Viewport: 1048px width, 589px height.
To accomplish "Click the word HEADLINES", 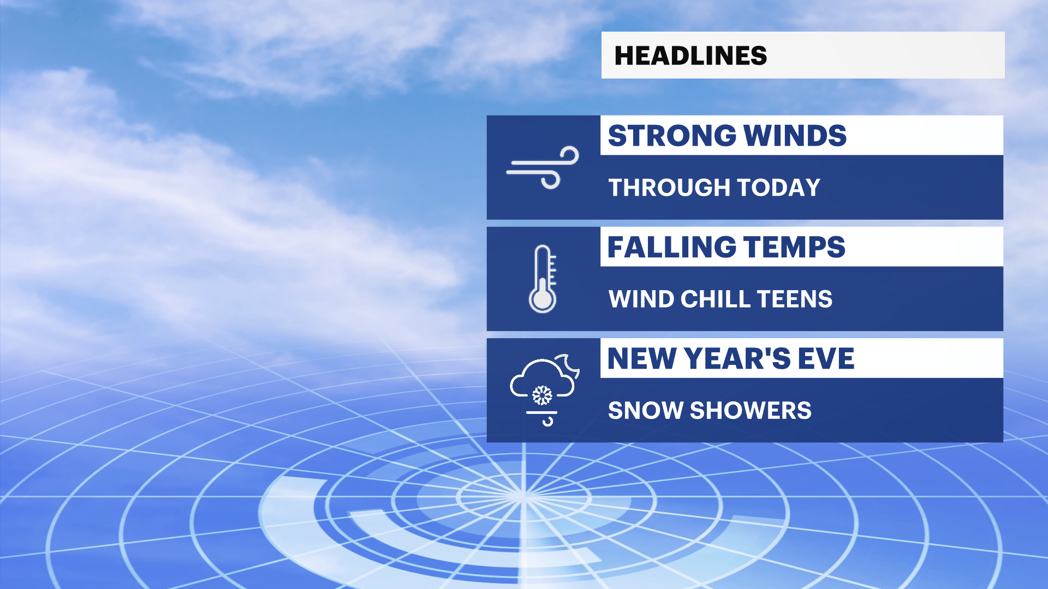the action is tap(690, 56).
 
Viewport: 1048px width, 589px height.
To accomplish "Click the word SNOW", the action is tap(645, 411).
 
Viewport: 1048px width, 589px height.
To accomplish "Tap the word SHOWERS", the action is tap(751, 411).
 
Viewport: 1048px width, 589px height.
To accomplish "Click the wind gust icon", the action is tap(543, 167).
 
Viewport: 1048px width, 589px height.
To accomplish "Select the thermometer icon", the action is tap(543, 279).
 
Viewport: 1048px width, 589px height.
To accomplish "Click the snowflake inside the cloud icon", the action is tap(542, 395).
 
